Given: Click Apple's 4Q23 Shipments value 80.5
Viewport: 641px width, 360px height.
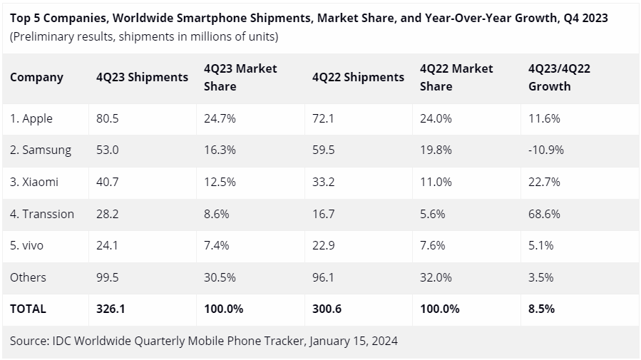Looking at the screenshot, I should tap(107, 119).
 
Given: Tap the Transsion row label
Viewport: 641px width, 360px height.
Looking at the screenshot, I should tap(42, 214).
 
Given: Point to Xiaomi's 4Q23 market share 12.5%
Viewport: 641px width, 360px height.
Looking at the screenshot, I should tap(220, 182).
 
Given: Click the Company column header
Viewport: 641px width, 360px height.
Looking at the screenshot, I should tap(36, 77).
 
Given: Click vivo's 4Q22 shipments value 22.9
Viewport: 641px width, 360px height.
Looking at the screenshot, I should tap(323, 245).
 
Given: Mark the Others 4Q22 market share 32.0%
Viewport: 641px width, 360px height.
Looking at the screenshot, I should tap(436, 277).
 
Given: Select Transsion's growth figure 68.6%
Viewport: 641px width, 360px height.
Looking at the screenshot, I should tap(544, 214).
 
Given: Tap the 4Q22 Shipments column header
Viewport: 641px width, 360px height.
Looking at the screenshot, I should tap(358, 77).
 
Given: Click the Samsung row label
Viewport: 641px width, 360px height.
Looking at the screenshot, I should tap(41, 150).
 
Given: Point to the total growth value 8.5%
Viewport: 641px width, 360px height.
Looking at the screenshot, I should tap(541, 309).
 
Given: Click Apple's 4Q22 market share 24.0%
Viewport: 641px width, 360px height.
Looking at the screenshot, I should tap(436, 119).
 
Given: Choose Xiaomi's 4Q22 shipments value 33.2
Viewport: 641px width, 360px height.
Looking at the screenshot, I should tap(323, 182).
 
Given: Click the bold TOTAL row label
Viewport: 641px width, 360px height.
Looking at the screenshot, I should tap(28, 309).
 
